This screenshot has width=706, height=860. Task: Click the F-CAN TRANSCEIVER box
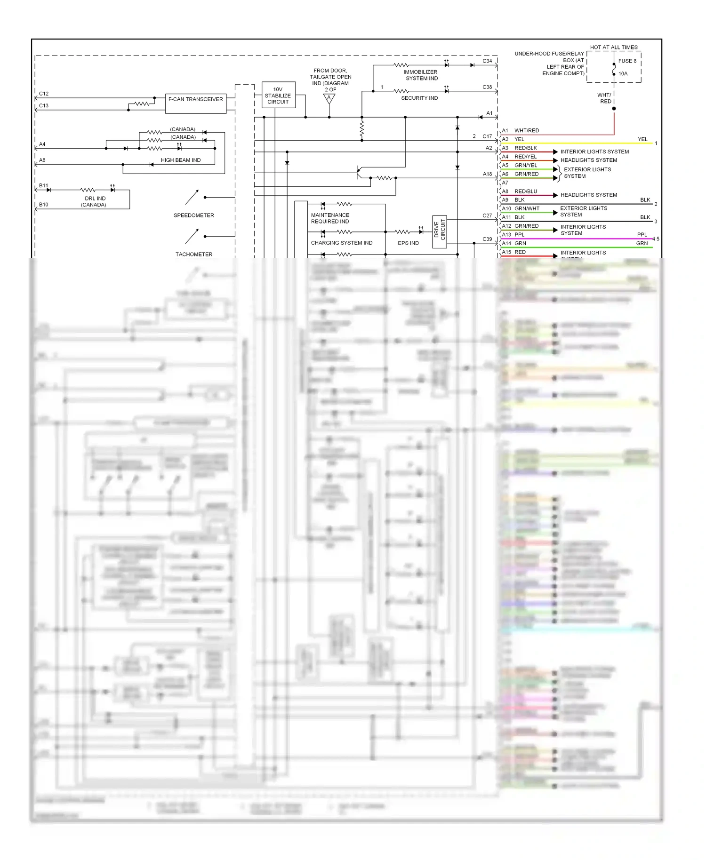tap(195, 103)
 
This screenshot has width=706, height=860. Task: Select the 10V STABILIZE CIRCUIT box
tap(278, 95)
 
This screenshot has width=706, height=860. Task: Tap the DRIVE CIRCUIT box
tap(439, 231)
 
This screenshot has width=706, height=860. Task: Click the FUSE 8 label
tap(627, 61)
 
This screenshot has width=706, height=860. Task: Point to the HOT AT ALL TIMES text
tap(613, 48)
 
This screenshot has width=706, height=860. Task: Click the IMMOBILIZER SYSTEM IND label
tap(421, 75)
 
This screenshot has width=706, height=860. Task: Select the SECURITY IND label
tap(419, 98)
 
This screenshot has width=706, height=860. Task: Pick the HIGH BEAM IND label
tap(181, 160)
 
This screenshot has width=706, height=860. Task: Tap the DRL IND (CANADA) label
tap(95, 202)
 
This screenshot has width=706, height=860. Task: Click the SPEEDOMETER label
tap(193, 215)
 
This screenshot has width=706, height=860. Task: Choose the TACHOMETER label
tap(193, 255)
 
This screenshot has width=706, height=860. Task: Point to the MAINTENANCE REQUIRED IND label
tap(330, 218)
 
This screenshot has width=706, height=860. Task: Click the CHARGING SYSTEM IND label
tap(341, 243)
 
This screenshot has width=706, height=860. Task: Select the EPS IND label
tap(408, 243)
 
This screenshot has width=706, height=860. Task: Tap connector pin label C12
tap(44, 94)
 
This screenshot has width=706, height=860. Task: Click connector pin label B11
tap(44, 186)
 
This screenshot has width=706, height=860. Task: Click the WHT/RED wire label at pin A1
tap(527, 131)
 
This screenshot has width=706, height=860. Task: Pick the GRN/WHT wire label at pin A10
tap(527, 209)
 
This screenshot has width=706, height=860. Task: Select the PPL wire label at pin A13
tap(520, 235)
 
